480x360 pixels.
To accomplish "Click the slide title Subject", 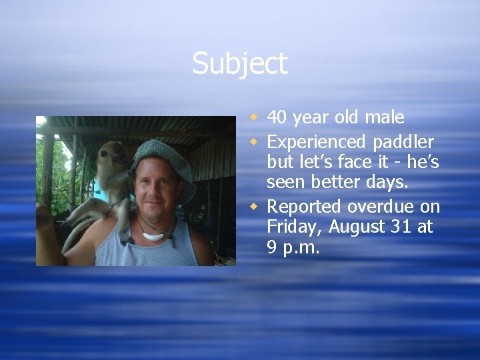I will pyautogui.click(x=240, y=64).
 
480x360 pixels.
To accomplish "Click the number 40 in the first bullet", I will pyautogui.click(x=279, y=118).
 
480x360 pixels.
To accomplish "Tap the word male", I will pyautogui.click(x=385, y=118).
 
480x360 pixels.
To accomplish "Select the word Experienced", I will pyautogui.click(x=316, y=142).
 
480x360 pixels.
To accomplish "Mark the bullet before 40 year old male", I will pyautogui.click(x=253, y=119).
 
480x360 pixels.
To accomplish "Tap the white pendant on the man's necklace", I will pyautogui.click(x=155, y=235).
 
